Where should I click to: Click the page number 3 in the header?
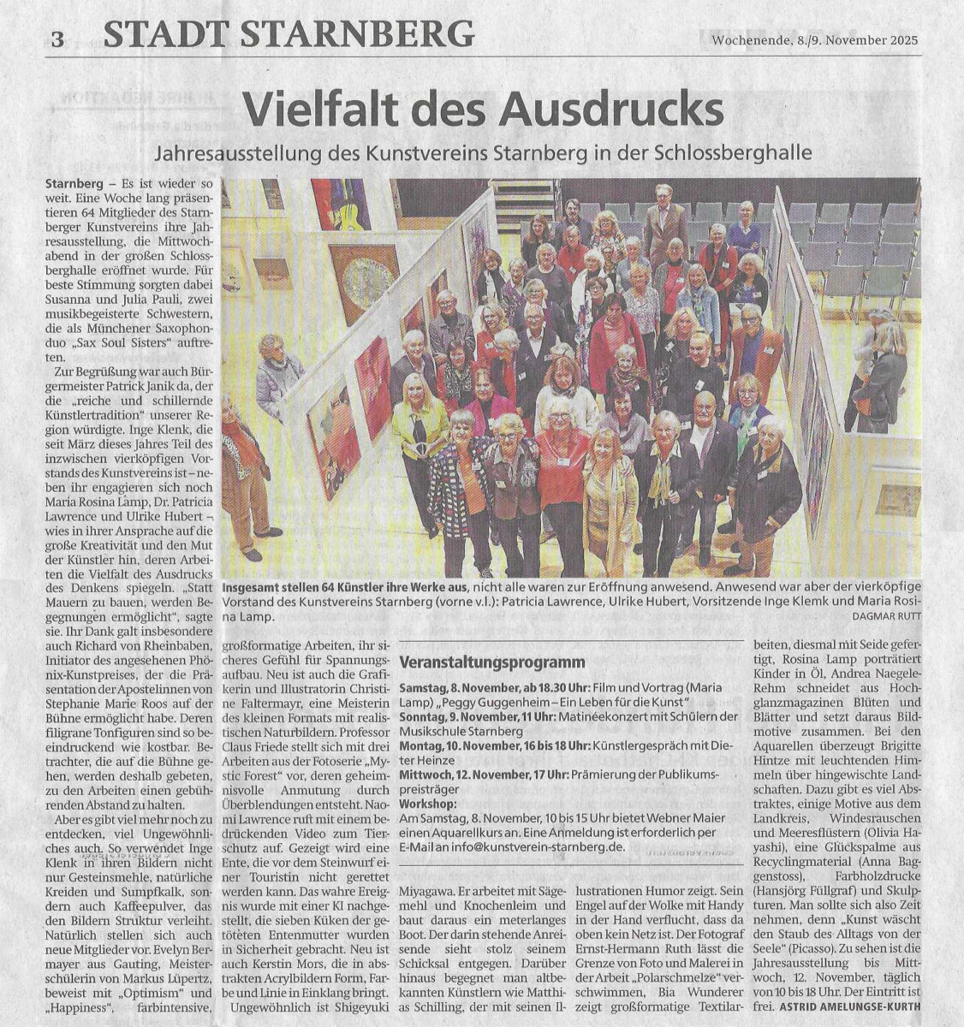pos(57,38)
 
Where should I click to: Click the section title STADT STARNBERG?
pos(288,34)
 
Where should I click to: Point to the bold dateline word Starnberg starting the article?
pos(74,184)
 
